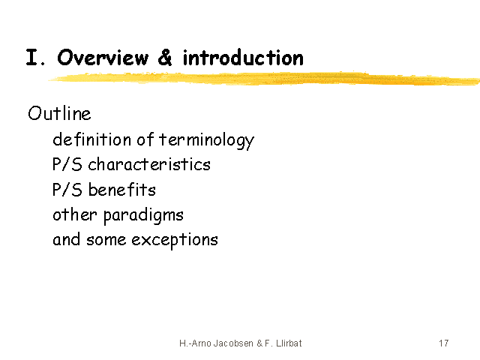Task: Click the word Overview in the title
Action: click(x=103, y=57)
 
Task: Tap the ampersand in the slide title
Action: click(x=165, y=57)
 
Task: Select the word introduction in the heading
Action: click(x=243, y=57)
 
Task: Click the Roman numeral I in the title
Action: click(x=31, y=57)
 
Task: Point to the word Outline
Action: click(x=59, y=113)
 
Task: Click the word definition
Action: click(x=91, y=139)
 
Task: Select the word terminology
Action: click(x=207, y=140)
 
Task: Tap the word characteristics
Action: click(x=149, y=164)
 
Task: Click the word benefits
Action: click(x=122, y=190)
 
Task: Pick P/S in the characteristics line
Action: click(x=67, y=164)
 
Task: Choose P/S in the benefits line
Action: click(x=67, y=190)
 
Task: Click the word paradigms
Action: click(x=143, y=216)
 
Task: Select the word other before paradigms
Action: click(x=75, y=214)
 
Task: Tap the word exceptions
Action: click(x=175, y=240)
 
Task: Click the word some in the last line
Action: click(x=106, y=240)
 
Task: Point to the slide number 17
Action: click(x=444, y=343)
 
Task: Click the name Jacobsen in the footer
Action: click(x=233, y=343)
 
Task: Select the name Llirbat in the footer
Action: click(x=289, y=343)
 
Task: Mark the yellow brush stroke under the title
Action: click(x=264, y=79)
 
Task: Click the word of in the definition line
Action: click(x=145, y=139)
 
